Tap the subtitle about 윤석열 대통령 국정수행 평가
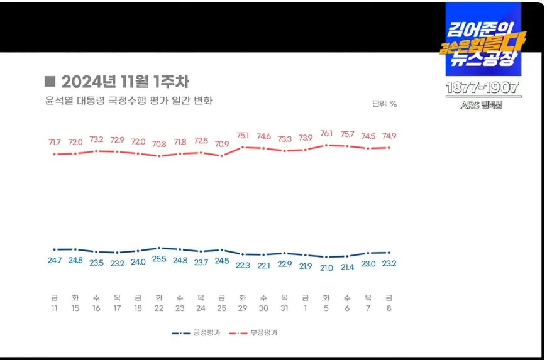pyautogui.click(x=129, y=101)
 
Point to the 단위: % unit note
pyautogui.click(x=384, y=104)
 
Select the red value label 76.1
pyautogui.click(x=326, y=134)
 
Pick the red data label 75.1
pyautogui.click(x=243, y=135)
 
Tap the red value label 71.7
pyautogui.click(x=55, y=143)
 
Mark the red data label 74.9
pyautogui.click(x=389, y=136)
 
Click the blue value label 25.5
pyautogui.click(x=159, y=259)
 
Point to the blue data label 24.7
pyautogui.click(x=55, y=260)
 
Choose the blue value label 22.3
pyautogui.click(x=243, y=265)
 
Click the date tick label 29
pyautogui.click(x=243, y=309)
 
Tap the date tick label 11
pyautogui.click(x=55, y=309)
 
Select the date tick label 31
pyautogui.click(x=284, y=309)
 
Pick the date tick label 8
pyautogui.click(x=389, y=309)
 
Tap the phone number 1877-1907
pyautogui.click(x=483, y=88)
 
